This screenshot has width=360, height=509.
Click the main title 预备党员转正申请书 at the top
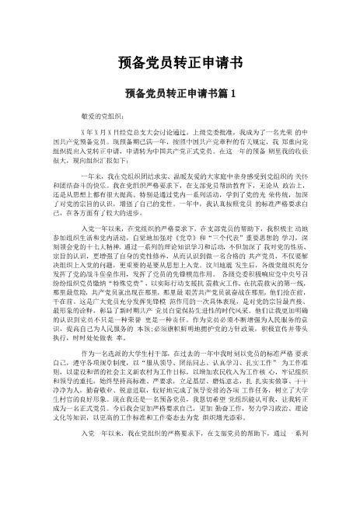click(x=180, y=61)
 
